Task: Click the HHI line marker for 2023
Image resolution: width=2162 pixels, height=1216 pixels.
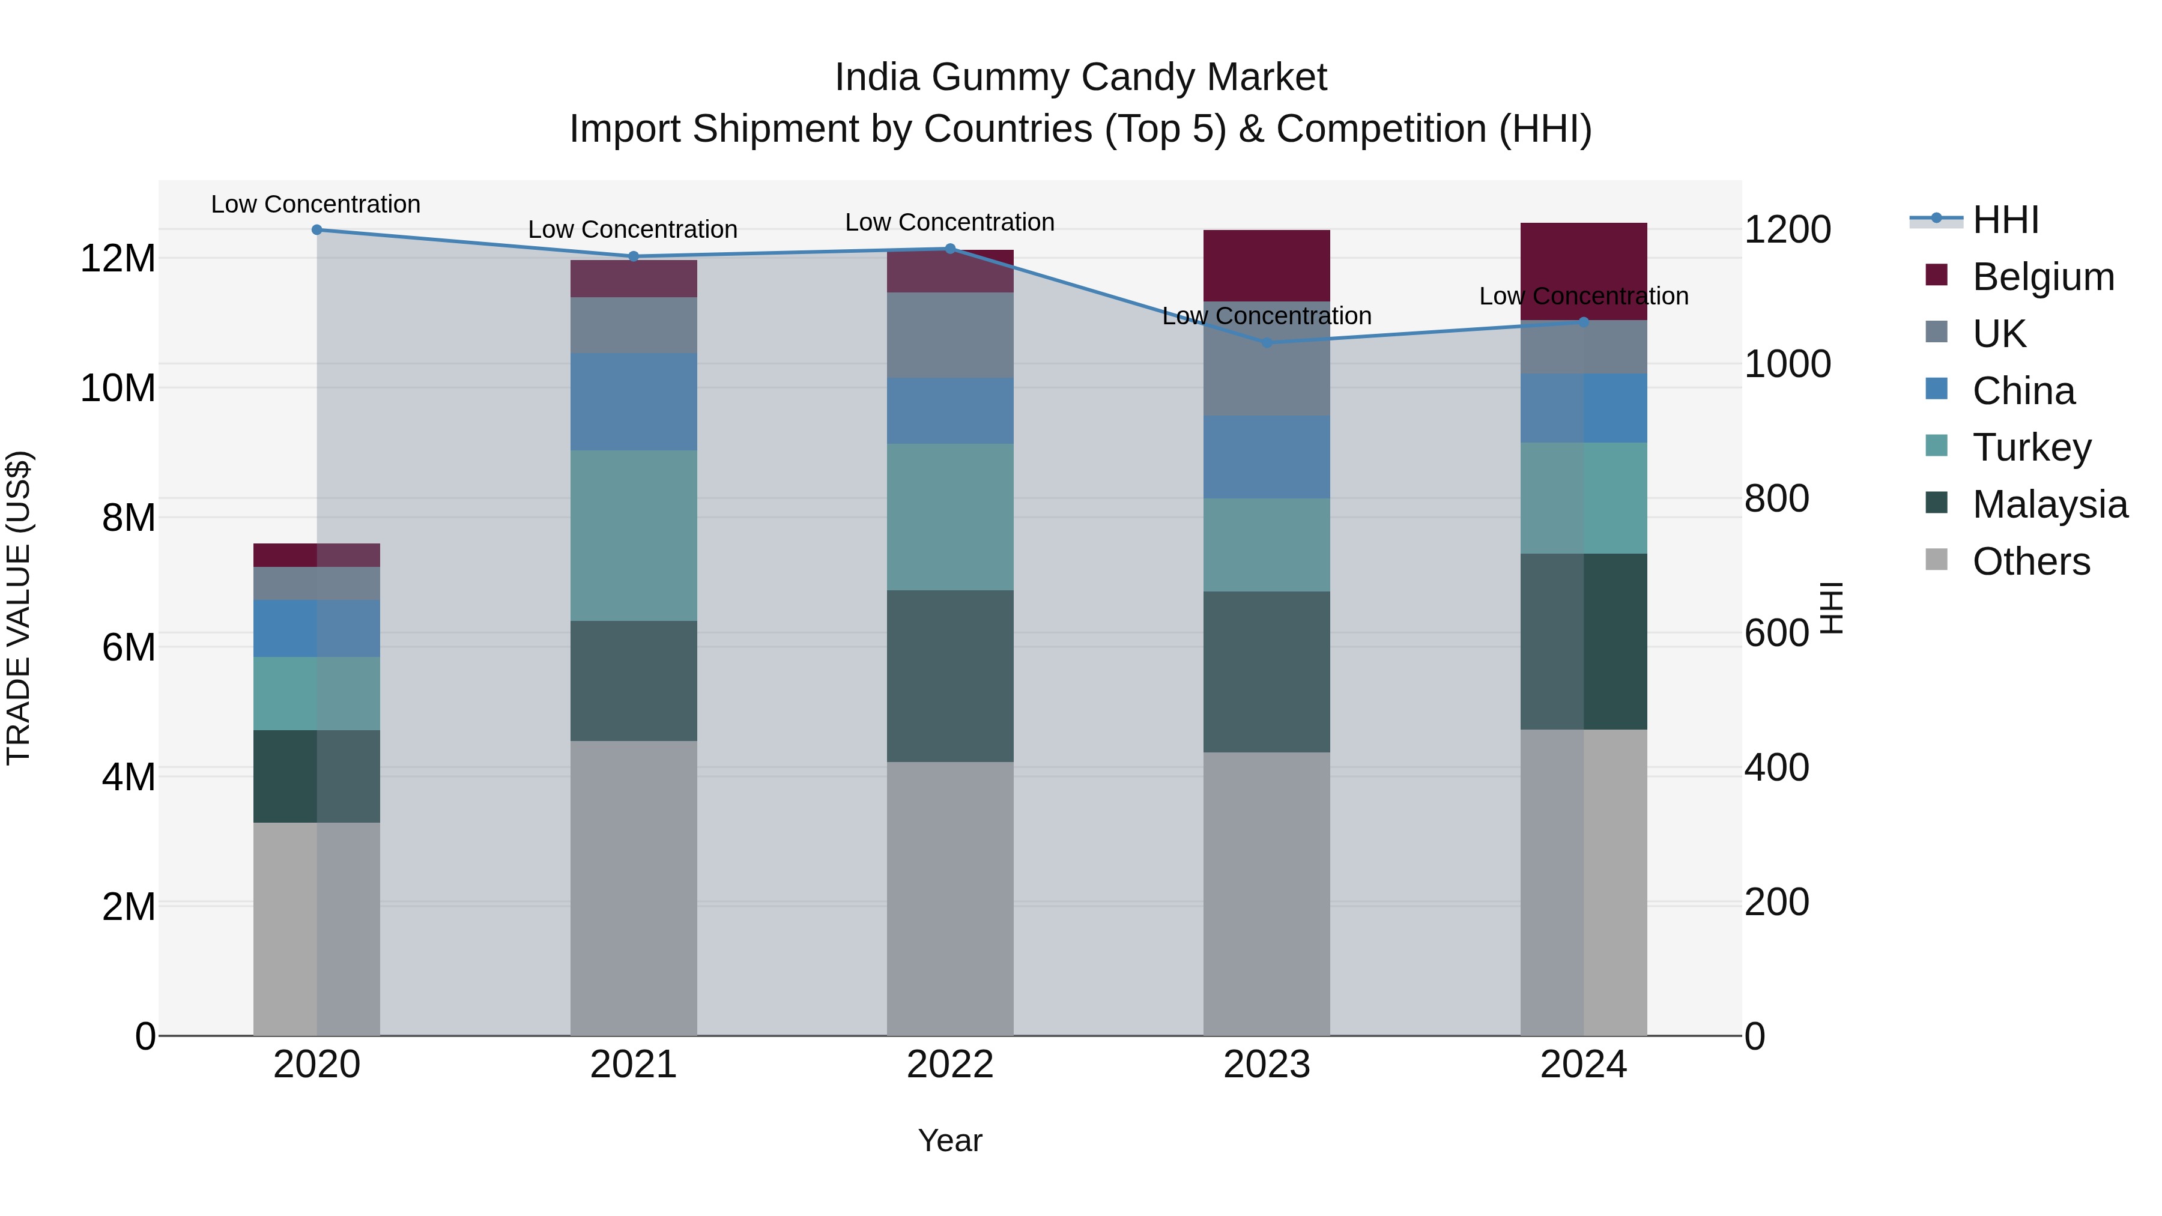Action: tap(1267, 342)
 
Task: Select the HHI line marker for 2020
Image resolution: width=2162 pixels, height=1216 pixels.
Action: tap(316, 230)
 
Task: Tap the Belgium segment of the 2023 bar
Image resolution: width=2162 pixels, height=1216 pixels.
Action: tap(1267, 265)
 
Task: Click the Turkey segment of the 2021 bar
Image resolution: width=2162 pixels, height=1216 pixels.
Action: tap(634, 536)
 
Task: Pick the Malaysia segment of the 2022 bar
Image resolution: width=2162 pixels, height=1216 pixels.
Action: tap(950, 676)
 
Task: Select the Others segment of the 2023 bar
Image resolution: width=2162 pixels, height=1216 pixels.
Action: tap(1267, 894)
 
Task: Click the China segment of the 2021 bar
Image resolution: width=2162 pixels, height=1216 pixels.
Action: tap(634, 402)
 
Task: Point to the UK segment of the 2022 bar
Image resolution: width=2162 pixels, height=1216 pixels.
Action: tap(950, 335)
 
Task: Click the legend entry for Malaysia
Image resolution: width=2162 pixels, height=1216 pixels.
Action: tap(2048, 504)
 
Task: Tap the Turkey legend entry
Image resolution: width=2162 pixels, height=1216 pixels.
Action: tap(2031, 447)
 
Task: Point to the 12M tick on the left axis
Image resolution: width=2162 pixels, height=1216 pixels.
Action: tap(118, 258)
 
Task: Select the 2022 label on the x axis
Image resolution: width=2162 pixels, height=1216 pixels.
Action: tap(950, 1065)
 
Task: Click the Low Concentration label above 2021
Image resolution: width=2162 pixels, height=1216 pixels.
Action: tap(633, 229)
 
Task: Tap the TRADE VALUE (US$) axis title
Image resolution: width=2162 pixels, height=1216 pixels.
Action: tap(19, 608)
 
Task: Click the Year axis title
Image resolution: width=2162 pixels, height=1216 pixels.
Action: tap(950, 1140)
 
